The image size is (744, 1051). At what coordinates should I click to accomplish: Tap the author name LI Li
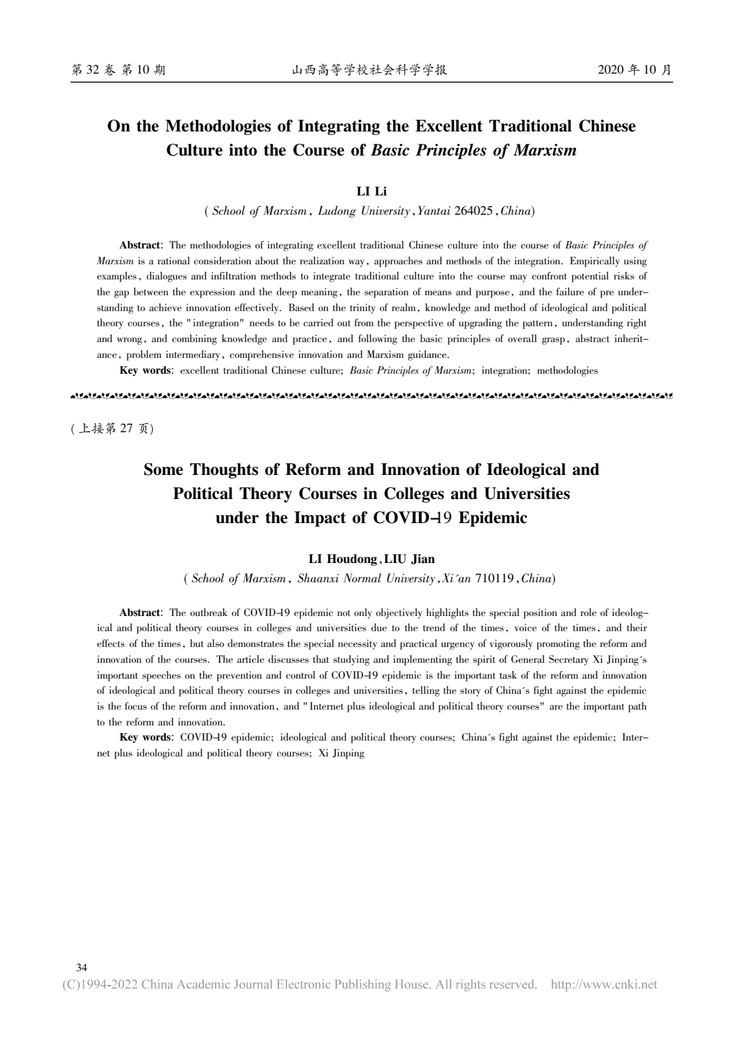(371, 191)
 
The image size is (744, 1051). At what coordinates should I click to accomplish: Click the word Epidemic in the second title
(493, 518)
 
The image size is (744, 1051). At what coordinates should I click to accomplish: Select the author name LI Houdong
(342, 559)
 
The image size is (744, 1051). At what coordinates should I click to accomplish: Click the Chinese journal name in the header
(370, 70)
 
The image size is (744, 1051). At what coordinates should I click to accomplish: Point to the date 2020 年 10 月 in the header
(634, 70)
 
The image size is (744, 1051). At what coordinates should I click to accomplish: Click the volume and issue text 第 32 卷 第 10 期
(118, 70)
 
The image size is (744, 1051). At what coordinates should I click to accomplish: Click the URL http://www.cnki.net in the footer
(604, 985)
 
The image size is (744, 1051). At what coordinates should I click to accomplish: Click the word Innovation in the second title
(421, 470)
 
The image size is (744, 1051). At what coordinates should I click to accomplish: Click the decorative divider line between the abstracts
(372, 396)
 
